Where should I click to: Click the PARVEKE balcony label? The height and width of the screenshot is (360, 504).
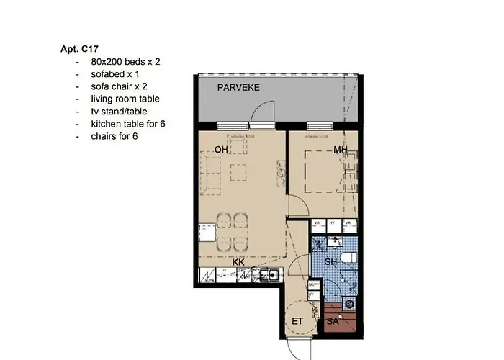(x=239, y=88)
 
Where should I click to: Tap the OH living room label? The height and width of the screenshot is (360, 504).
(x=221, y=150)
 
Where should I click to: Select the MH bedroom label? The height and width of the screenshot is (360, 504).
(x=341, y=150)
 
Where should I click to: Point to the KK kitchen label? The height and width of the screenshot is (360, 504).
(x=238, y=262)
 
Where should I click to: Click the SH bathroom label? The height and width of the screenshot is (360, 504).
(x=331, y=262)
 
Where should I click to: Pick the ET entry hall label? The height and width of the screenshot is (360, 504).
(x=297, y=321)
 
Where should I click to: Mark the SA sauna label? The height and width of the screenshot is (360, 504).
(x=333, y=321)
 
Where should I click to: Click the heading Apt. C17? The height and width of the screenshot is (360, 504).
(x=80, y=50)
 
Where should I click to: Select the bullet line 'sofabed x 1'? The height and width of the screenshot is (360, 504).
(x=114, y=74)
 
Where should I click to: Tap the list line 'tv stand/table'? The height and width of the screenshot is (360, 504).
(x=120, y=111)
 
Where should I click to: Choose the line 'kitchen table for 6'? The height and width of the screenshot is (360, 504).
(x=128, y=123)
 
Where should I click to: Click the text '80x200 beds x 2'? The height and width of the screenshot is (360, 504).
(x=125, y=62)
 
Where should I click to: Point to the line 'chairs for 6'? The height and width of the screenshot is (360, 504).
(x=114, y=135)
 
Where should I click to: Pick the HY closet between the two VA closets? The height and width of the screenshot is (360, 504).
(x=332, y=224)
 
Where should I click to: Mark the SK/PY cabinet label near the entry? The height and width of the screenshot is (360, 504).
(x=313, y=285)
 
